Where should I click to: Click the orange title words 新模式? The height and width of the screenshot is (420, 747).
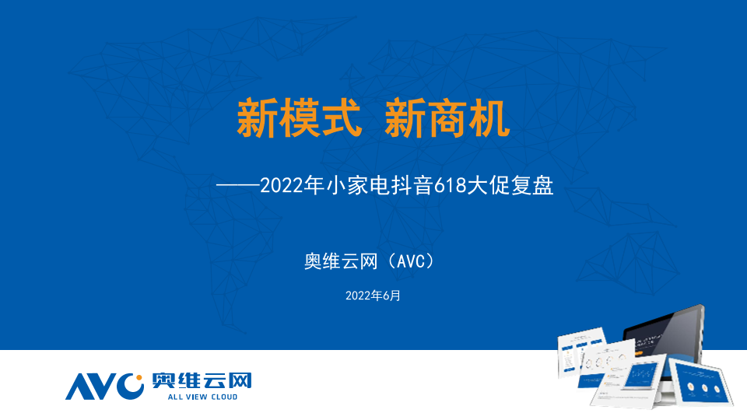point(299,118)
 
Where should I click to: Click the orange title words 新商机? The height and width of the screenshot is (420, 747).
point(447,118)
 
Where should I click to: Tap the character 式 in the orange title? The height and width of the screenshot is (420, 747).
point(341,118)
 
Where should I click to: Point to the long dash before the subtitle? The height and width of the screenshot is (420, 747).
point(238,185)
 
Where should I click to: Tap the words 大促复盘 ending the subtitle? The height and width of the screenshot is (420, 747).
point(510,185)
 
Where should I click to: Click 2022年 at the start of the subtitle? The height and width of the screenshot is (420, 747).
point(292,185)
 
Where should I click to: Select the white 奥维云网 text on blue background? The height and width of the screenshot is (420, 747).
point(341,261)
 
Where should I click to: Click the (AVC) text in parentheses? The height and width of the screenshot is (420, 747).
point(411,261)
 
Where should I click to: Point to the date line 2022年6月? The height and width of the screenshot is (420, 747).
point(373,296)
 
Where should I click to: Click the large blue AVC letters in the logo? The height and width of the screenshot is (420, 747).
point(104,387)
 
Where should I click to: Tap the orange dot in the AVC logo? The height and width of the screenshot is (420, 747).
point(139,378)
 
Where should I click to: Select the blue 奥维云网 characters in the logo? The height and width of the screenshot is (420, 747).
point(202,381)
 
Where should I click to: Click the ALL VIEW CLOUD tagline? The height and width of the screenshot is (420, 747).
point(202,397)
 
